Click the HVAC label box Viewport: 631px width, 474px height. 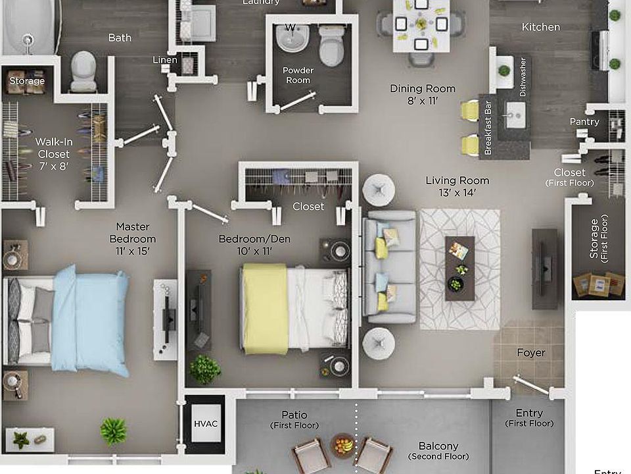[x=205, y=423]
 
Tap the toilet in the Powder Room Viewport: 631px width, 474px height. [x=331, y=45]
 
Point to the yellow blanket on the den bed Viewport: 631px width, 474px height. [x=265, y=309]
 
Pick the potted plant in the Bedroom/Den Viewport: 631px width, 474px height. [x=205, y=369]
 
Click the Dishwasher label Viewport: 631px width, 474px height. [x=523, y=77]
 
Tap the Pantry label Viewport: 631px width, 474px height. [x=584, y=122]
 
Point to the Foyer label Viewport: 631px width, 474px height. [x=531, y=353]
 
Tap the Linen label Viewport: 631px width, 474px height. [x=165, y=60]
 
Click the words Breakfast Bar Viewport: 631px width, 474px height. [x=488, y=127]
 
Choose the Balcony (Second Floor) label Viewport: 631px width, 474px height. [x=438, y=451]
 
